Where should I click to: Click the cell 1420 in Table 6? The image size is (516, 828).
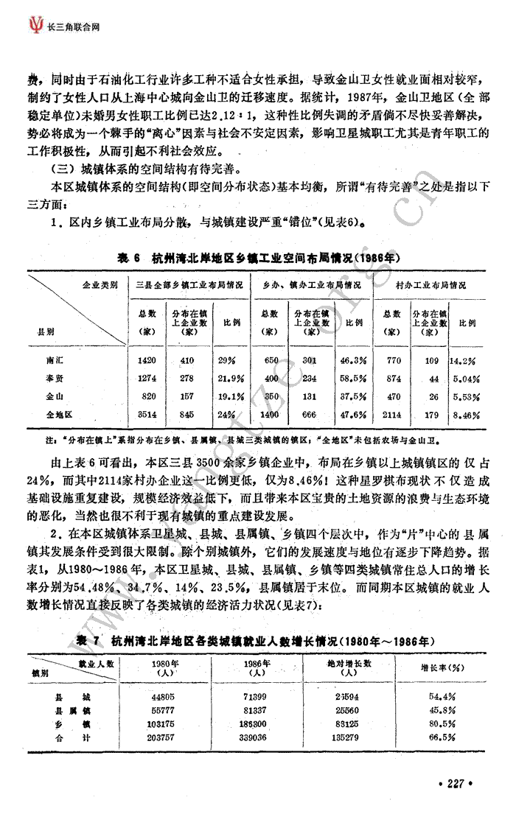click(x=147, y=361)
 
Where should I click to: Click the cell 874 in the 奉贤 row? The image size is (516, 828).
click(x=394, y=379)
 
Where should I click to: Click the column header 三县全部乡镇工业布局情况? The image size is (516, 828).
click(x=189, y=284)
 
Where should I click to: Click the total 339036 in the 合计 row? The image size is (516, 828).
click(x=258, y=737)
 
